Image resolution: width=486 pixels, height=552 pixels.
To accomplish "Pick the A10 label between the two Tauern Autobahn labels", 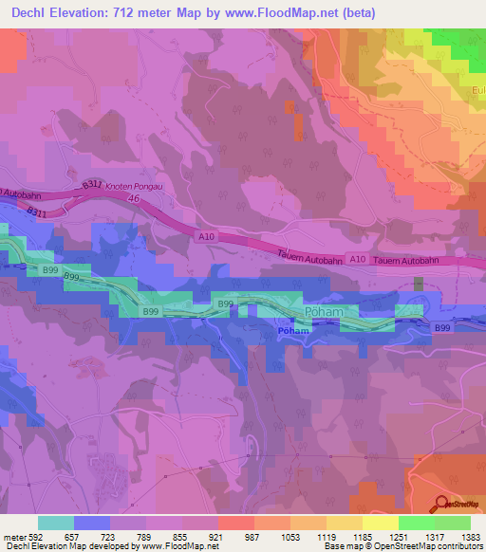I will pyautogui.click(x=357, y=258).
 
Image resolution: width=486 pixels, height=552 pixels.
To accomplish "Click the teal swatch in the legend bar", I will pyautogui.click(x=55, y=523).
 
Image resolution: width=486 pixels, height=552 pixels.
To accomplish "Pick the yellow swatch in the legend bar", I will pyautogui.click(x=380, y=523).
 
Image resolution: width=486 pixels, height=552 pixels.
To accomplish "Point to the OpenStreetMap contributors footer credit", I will pyautogui.click(x=439, y=546).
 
